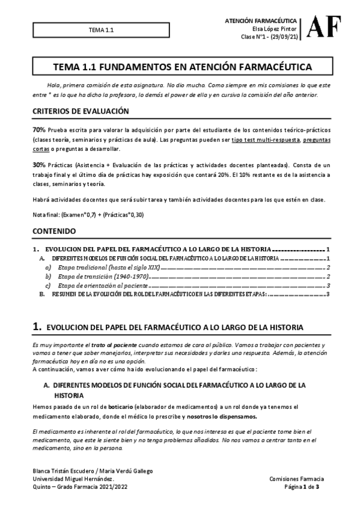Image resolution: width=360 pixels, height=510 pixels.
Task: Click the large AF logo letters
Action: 325,27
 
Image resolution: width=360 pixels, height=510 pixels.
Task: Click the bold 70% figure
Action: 38,130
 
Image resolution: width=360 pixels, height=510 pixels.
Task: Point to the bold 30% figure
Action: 38,164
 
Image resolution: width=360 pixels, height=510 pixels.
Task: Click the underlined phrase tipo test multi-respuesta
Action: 274,139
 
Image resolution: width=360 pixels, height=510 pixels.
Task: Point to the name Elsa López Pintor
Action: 279,29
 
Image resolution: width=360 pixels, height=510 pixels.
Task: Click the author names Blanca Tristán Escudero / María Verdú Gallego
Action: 93,470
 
